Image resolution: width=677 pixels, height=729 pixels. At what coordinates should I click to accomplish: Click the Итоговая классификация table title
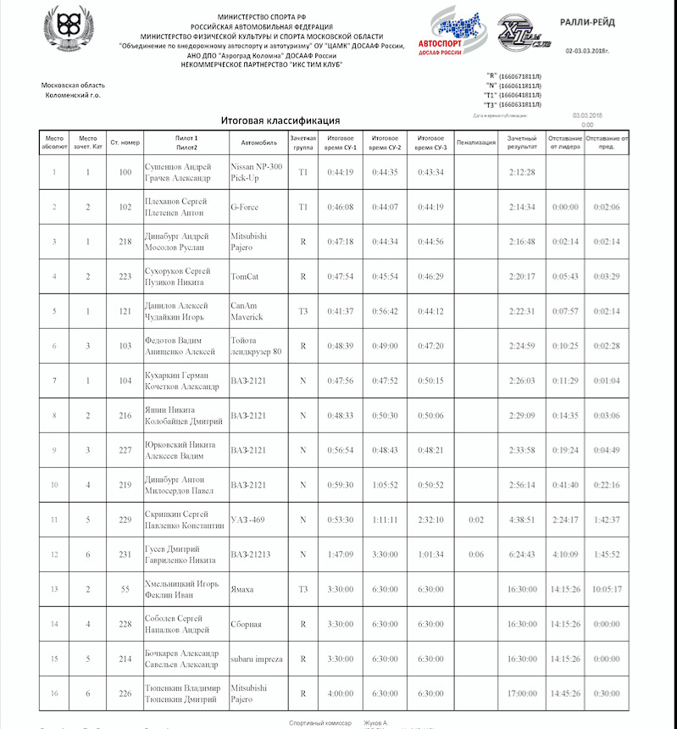[x=280, y=120]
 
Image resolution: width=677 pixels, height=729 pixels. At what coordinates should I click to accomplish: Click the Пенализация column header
[x=475, y=142]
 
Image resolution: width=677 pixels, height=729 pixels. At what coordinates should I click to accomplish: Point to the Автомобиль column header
[x=258, y=142]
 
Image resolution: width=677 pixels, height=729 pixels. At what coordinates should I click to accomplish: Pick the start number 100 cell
[x=125, y=173]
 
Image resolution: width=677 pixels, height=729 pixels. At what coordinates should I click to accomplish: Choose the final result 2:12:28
[x=522, y=173]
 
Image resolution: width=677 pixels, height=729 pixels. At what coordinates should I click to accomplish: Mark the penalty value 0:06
[x=475, y=554]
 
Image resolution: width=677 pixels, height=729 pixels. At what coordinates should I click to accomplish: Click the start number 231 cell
[x=125, y=554]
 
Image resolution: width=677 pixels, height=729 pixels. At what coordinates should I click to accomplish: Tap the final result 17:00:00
[x=522, y=693]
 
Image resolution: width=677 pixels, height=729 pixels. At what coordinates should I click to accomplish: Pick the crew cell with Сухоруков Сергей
[x=186, y=276]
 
